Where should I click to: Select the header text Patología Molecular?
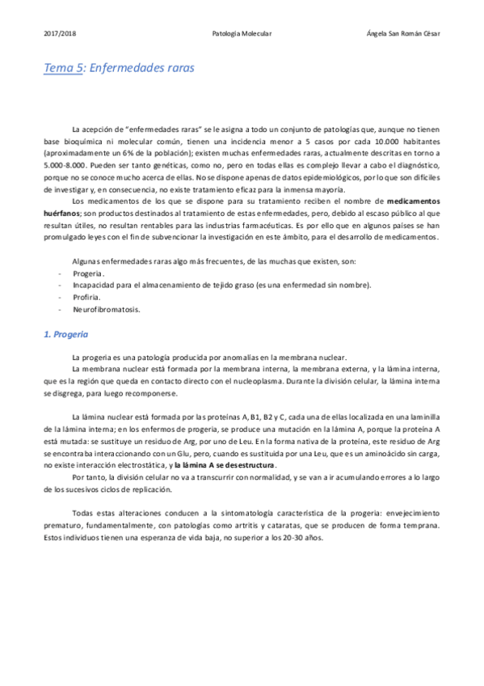[242, 33]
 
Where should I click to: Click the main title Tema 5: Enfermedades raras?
[119, 70]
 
